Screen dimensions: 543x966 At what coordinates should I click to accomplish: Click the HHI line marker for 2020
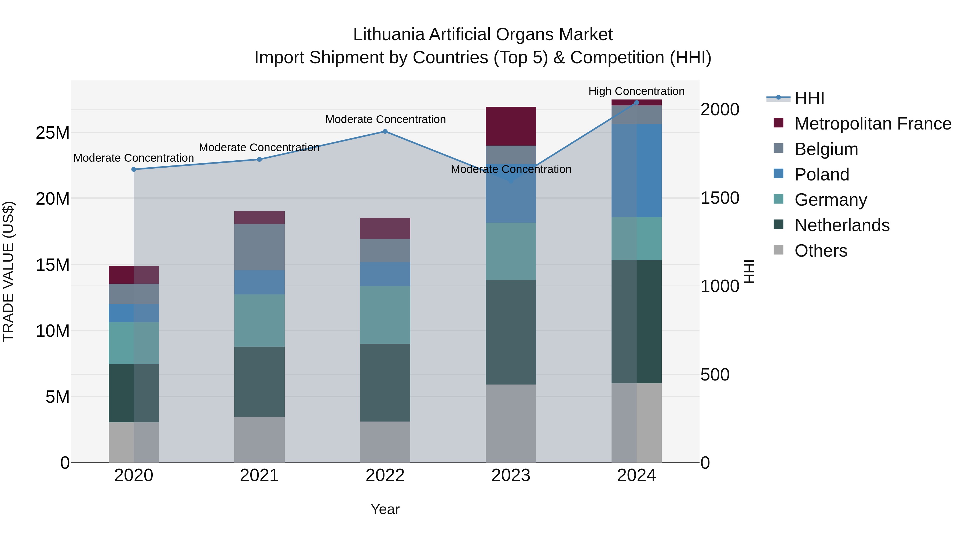pyautogui.click(x=134, y=169)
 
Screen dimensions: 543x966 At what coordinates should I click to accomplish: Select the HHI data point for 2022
pyautogui.click(x=385, y=132)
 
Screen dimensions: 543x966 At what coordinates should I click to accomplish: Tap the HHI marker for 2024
pyautogui.click(x=636, y=103)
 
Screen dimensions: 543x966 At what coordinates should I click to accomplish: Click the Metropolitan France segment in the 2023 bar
pyautogui.click(x=511, y=126)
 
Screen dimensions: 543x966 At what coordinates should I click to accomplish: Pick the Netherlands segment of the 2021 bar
pyautogui.click(x=259, y=382)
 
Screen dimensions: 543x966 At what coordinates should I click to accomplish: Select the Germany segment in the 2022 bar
pyautogui.click(x=385, y=315)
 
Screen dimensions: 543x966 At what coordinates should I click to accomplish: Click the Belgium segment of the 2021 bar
pyautogui.click(x=259, y=247)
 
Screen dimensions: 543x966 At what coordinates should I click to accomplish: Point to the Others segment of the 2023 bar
pyautogui.click(x=511, y=423)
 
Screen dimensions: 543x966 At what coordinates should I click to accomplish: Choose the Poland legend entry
pyautogui.click(x=822, y=175)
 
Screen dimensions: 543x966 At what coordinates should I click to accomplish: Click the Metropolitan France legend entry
pyautogui.click(x=873, y=124)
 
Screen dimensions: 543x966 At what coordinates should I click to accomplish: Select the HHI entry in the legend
pyautogui.click(x=809, y=98)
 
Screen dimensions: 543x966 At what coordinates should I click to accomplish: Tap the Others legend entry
pyautogui.click(x=821, y=251)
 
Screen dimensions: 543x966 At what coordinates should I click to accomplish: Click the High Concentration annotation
pyautogui.click(x=636, y=91)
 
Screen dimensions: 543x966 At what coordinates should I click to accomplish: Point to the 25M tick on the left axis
pyautogui.click(x=53, y=133)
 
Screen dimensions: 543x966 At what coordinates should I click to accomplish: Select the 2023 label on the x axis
pyautogui.click(x=511, y=475)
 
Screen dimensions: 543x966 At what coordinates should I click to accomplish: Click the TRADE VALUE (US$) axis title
pyautogui.click(x=9, y=271)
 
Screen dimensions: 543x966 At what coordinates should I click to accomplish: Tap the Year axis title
pyautogui.click(x=385, y=509)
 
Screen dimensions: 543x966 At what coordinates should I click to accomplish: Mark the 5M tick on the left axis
pyautogui.click(x=57, y=397)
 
